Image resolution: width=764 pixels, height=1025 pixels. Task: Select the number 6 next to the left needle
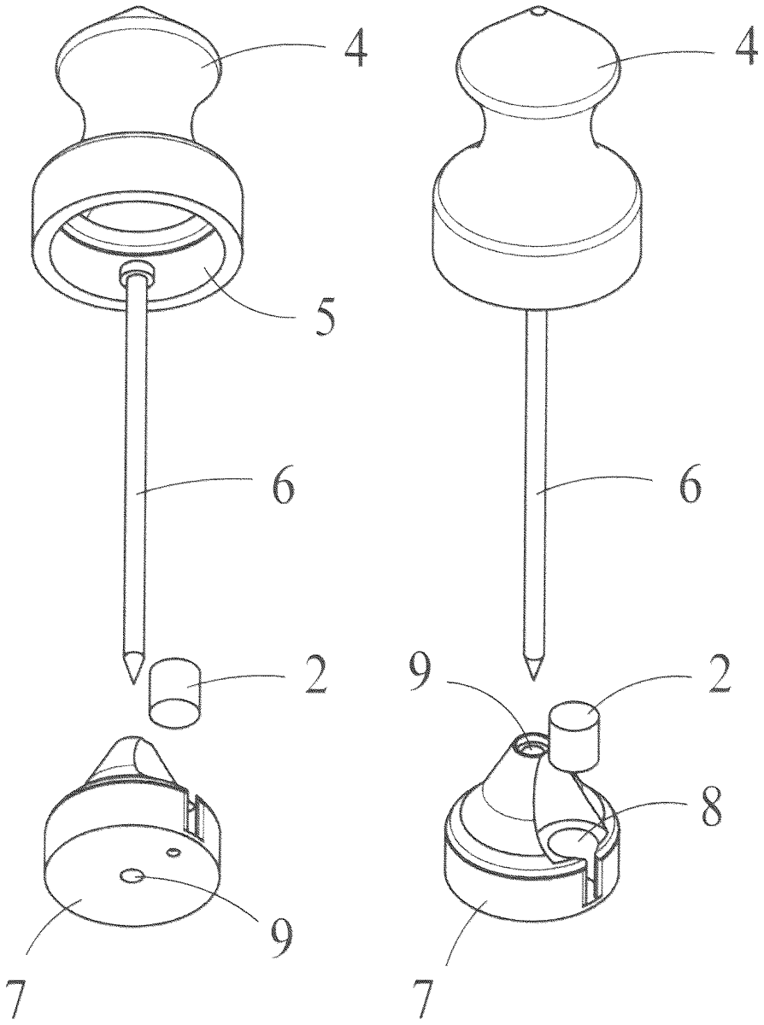(283, 488)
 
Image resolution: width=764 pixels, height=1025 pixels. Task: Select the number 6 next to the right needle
(690, 488)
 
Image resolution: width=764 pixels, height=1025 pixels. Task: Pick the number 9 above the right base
(419, 673)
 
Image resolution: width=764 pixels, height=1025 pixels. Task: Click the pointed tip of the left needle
(133, 682)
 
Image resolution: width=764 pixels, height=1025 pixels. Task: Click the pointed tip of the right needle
(534, 680)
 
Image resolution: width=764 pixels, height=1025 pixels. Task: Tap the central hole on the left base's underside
(131, 876)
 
